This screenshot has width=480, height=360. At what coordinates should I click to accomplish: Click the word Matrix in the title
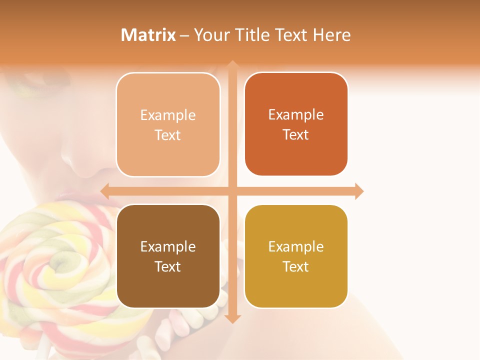[148, 35]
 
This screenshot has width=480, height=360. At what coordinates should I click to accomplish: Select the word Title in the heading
[252, 35]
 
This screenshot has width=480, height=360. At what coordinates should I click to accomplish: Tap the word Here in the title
[331, 35]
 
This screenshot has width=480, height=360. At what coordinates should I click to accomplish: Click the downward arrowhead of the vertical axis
[232, 318]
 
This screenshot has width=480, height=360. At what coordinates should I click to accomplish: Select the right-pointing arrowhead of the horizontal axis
[359, 191]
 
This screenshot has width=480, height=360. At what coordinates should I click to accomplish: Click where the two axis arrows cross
[232, 191]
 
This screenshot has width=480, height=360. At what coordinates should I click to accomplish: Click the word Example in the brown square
[168, 246]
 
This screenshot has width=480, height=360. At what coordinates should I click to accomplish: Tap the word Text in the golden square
[296, 266]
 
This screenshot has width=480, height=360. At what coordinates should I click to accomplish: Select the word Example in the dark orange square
[296, 114]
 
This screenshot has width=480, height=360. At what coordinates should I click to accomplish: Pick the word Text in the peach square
[168, 135]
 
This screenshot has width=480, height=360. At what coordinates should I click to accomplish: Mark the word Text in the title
[290, 35]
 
